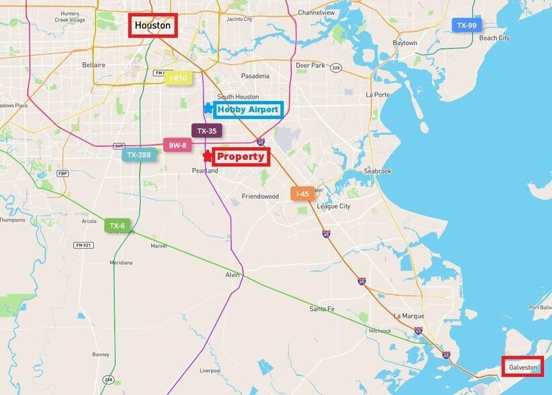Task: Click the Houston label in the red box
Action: tap(152, 26)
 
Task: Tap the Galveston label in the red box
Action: tap(523, 367)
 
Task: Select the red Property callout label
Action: tap(240, 157)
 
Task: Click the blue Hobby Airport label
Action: tap(247, 109)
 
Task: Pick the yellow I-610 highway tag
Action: tap(178, 78)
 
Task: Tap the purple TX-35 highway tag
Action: tap(207, 130)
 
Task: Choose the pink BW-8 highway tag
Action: tap(177, 145)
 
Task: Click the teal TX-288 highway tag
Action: tap(139, 155)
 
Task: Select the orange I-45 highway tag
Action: tap(302, 193)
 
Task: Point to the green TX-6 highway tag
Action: tap(117, 226)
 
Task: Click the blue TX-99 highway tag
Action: tap(466, 26)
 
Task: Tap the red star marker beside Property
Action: tap(208, 157)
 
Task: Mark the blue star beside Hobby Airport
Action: tap(208, 108)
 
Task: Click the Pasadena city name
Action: tap(255, 76)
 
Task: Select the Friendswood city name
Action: tap(260, 197)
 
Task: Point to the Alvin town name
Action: tap(232, 275)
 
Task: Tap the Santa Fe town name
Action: tap(322, 308)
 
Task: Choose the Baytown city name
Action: tap(405, 42)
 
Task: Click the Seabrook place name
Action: tap(377, 171)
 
